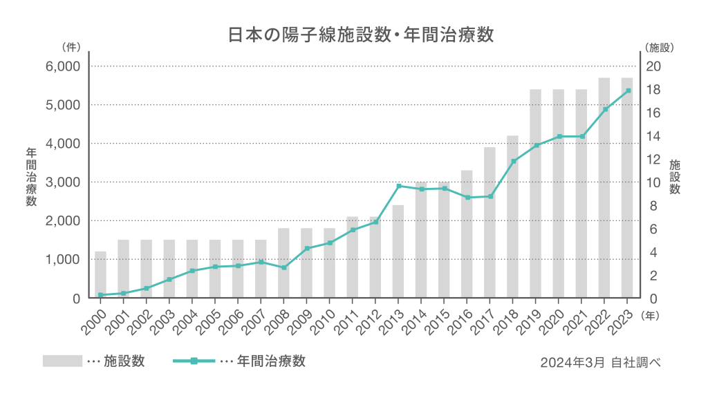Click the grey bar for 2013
(398, 252)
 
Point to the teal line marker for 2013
(398, 186)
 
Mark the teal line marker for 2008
(284, 267)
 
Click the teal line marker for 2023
(627, 91)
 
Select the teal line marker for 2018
(513, 162)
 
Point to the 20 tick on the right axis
(653, 66)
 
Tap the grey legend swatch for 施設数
(62, 361)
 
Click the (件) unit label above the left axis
(71, 48)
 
